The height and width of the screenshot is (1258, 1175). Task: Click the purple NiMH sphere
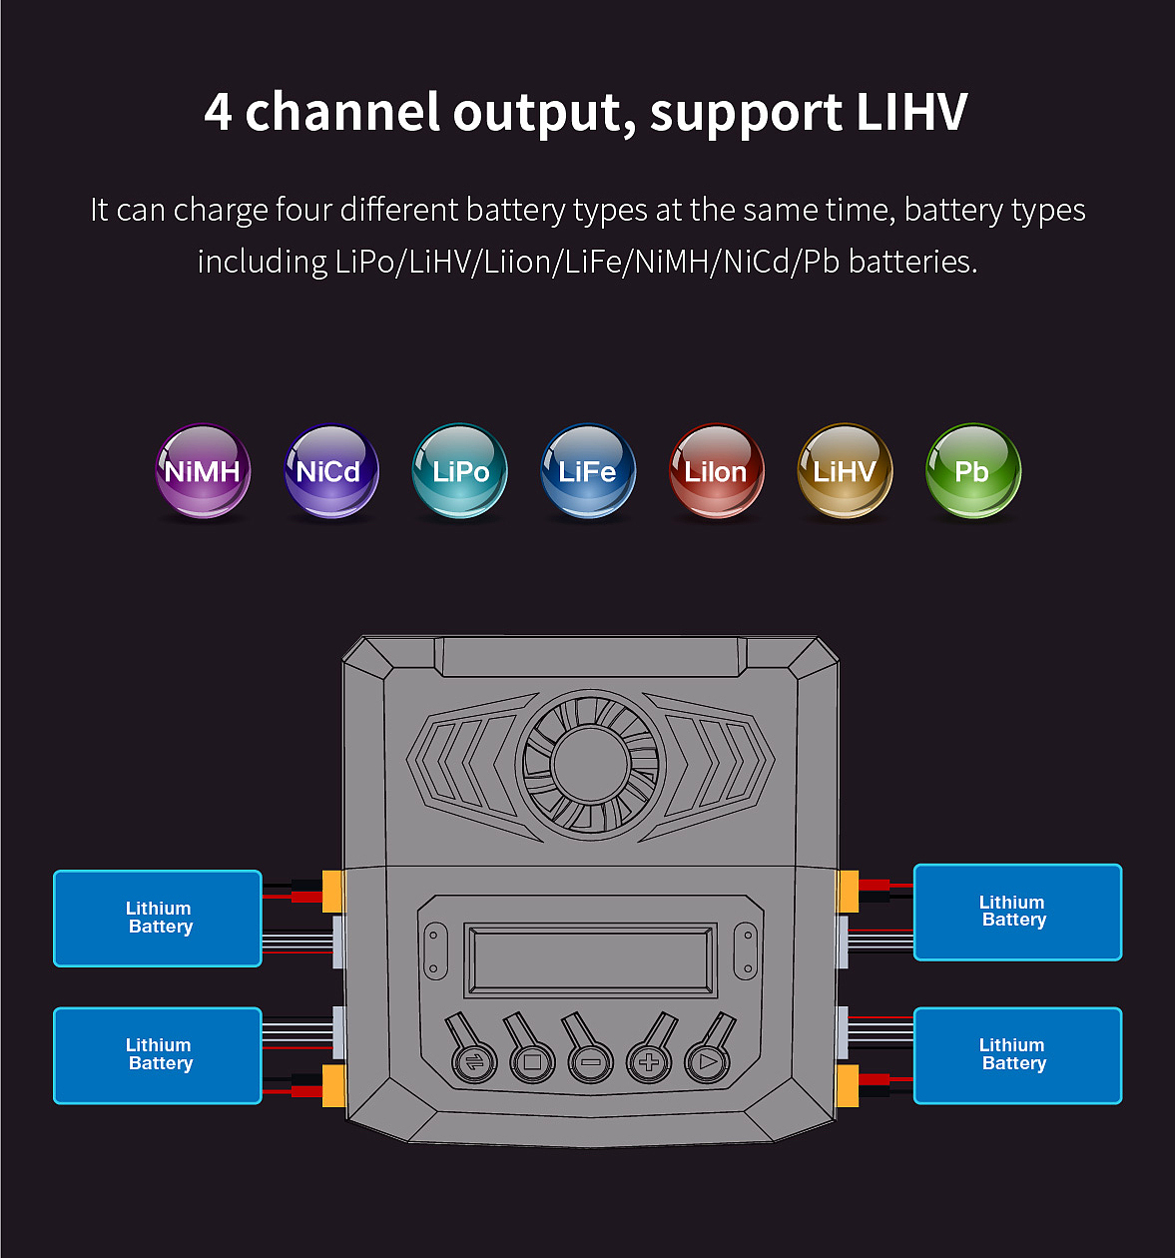pos(203,470)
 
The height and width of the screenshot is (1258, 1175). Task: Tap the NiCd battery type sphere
pos(331,470)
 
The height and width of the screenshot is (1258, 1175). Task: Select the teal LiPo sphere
pos(460,470)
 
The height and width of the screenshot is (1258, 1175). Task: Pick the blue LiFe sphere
pos(588,470)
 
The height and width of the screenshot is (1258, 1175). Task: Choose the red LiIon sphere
pos(717,470)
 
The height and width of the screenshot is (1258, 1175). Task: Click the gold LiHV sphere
pos(845,470)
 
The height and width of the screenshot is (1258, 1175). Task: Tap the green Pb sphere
pos(973,470)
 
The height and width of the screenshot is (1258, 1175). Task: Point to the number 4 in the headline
pos(218,112)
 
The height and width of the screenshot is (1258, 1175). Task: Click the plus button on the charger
pos(649,1061)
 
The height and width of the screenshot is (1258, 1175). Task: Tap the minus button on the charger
pos(590,1061)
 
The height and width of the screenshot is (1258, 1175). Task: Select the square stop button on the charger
pos(532,1061)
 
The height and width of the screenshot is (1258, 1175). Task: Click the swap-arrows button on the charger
pos(474,1061)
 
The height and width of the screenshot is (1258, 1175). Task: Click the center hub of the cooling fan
pos(590,764)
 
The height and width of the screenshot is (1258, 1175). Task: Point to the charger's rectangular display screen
pos(590,960)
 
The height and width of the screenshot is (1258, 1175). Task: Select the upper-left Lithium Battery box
pos(158,918)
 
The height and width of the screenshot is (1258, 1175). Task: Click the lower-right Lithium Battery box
pos(1017,1055)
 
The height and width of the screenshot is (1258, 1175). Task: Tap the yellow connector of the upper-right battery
pos(848,892)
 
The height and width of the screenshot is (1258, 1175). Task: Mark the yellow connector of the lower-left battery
pos(333,1085)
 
